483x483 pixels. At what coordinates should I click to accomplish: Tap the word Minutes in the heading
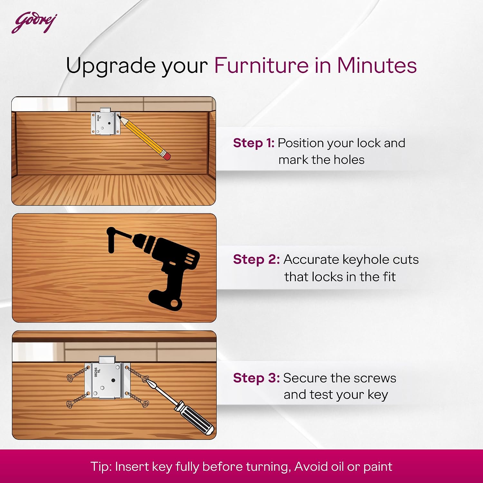point(377,65)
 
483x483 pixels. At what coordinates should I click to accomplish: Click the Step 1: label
point(254,143)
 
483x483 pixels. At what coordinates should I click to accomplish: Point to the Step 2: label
point(256,260)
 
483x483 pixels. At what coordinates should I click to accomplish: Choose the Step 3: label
point(256,378)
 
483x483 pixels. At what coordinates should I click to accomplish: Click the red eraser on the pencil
point(167,156)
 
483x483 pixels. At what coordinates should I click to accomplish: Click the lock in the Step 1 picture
point(105,121)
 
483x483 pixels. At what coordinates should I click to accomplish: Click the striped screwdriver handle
point(194,418)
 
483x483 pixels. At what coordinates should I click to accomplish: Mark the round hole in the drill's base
point(175,304)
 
